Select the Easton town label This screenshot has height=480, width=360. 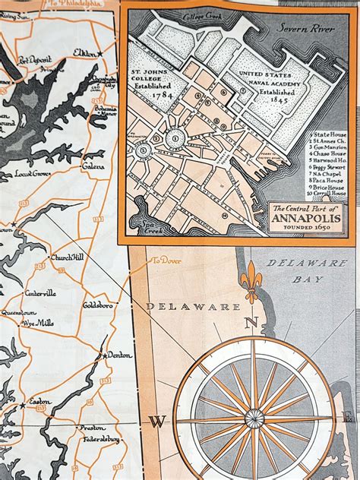[39, 402]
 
